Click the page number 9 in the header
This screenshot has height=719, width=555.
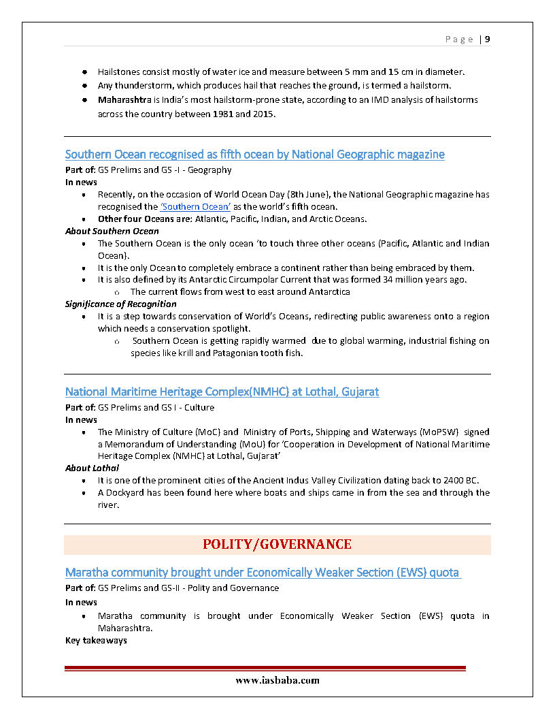tap(488, 39)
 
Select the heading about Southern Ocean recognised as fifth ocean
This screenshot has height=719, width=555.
tap(254, 155)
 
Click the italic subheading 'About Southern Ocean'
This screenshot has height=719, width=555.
tap(112, 231)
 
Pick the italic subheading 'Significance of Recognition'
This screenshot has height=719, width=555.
tap(121, 304)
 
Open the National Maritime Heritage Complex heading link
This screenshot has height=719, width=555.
tap(222, 392)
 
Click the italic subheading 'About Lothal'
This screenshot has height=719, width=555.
tap(92, 468)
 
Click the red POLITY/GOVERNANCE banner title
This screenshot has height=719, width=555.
tap(277, 545)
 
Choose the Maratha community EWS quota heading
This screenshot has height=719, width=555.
tap(263, 573)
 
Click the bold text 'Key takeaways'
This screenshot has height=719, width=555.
tap(96, 641)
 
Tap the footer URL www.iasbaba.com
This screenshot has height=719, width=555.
tap(277, 680)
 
